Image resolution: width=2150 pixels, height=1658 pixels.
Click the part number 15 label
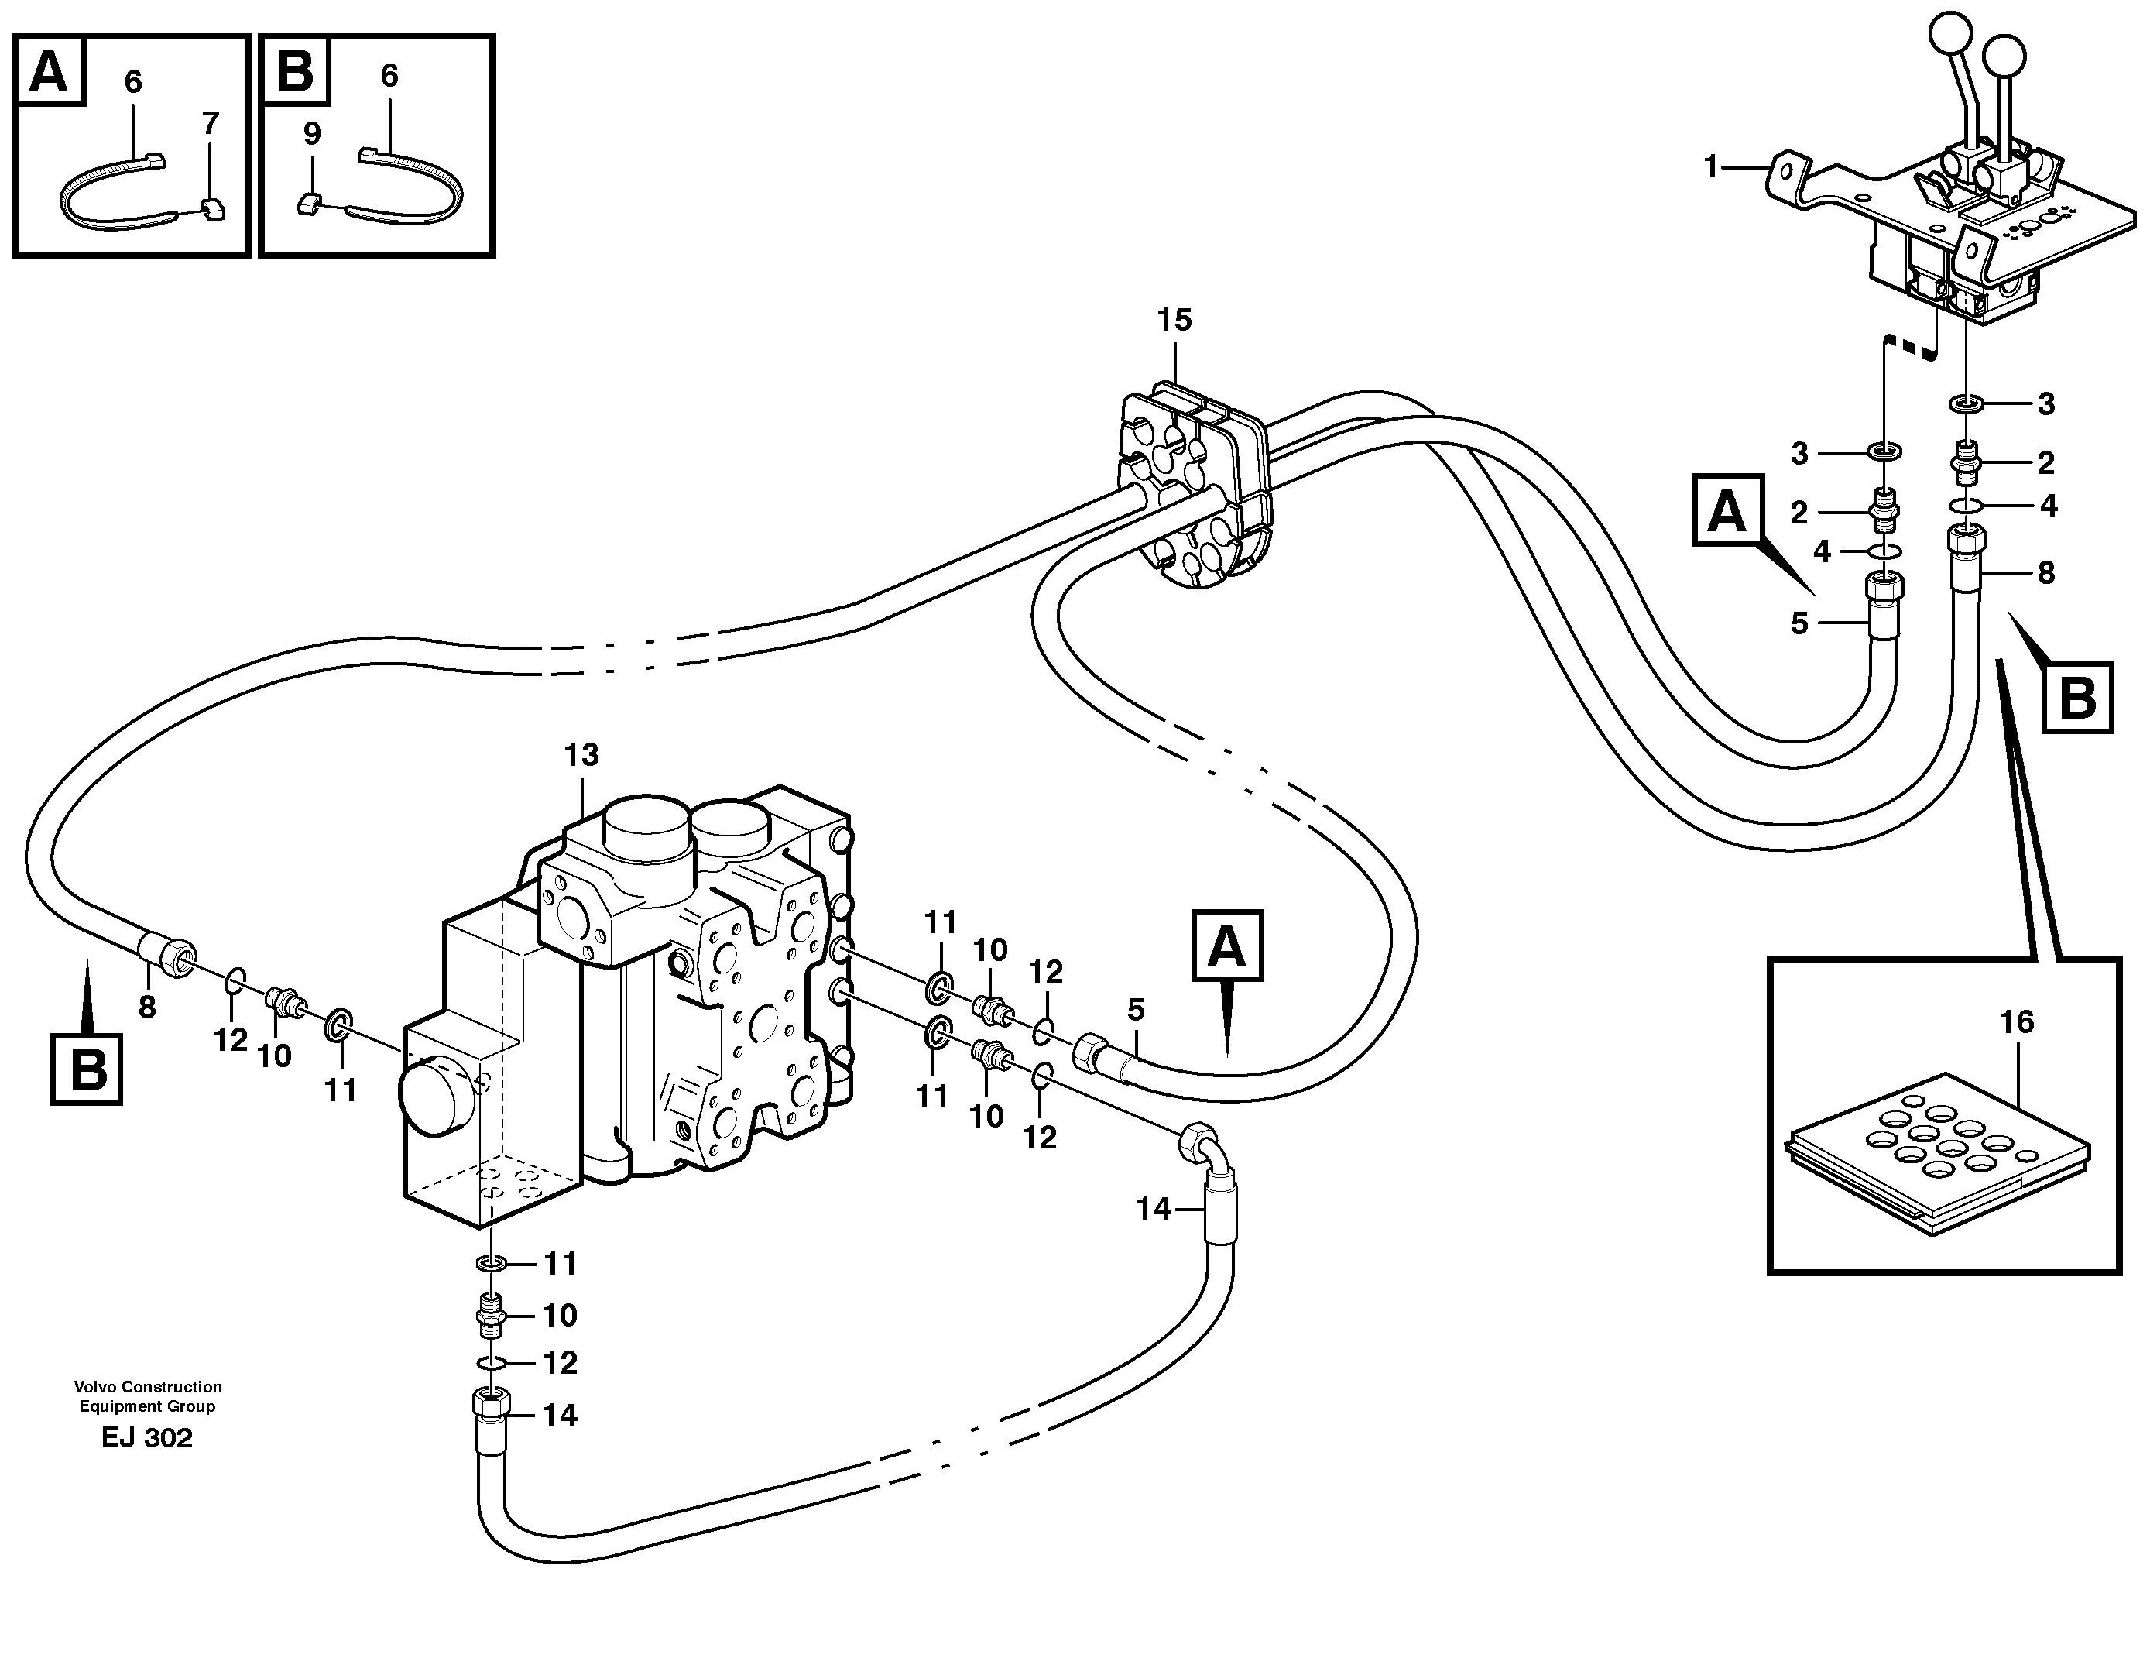tap(1174, 320)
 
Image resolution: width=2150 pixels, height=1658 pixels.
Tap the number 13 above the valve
tap(581, 755)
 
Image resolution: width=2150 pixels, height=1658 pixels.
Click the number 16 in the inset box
tap(2016, 1022)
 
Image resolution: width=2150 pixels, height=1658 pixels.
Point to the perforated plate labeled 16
tap(1936, 1150)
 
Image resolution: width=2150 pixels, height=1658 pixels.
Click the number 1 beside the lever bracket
tap(1711, 167)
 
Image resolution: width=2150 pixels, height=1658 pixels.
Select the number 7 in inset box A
tap(210, 124)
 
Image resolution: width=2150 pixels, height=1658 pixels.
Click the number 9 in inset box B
tap(311, 134)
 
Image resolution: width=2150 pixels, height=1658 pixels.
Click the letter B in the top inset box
tap(295, 72)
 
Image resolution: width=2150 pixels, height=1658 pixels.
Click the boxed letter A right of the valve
tap(1226, 946)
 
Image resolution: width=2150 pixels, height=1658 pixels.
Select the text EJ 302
tap(146, 1438)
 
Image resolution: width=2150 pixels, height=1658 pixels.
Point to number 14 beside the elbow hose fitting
tap(1154, 1209)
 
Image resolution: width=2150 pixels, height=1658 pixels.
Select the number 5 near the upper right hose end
tap(1799, 623)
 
